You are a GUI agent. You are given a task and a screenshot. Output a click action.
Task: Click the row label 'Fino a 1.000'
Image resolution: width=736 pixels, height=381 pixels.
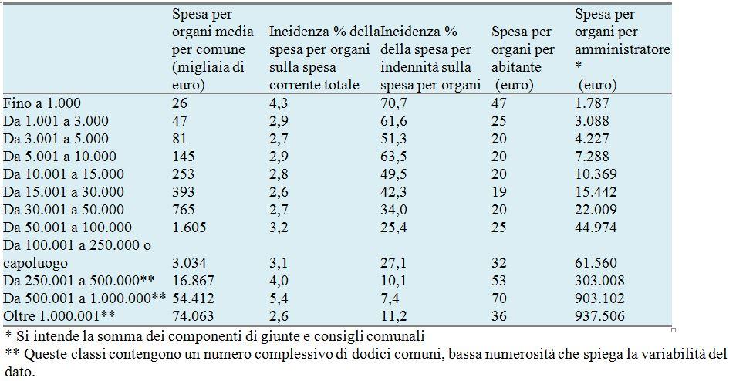pos(42,103)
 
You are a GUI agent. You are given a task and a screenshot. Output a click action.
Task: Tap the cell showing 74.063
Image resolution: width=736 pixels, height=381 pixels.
pos(189,316)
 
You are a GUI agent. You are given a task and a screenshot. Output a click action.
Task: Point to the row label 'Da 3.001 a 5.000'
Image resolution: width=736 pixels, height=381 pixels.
pos(56,138)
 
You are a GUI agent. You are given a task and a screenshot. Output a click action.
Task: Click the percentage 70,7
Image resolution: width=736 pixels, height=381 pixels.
pos(393,103)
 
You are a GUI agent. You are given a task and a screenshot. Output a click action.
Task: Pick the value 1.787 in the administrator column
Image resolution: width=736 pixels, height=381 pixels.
pos(593,103)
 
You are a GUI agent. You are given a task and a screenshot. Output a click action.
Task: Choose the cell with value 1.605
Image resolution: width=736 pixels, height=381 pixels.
pos(185,228)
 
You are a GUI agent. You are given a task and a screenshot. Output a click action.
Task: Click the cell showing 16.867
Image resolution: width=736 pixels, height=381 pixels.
pos(189,281)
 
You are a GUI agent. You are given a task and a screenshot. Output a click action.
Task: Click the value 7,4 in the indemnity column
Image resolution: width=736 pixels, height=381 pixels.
pos(390,298)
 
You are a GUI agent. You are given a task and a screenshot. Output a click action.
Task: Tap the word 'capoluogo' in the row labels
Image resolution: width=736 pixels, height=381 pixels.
pos(34,263)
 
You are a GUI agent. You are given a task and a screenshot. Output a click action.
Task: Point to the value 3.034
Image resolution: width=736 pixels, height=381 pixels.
pos(185,263)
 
